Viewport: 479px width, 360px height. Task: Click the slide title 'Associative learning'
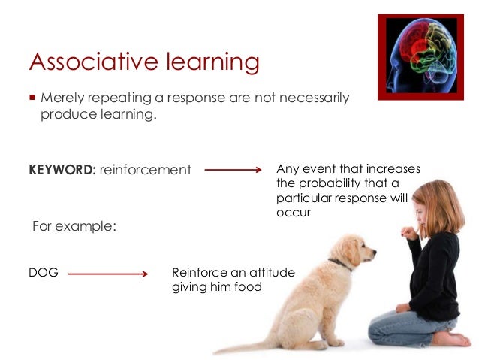point(143,62)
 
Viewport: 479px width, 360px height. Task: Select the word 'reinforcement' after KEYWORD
point(145,170)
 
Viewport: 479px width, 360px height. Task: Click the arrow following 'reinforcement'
point(232,170)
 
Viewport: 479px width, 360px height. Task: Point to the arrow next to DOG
point(109,274)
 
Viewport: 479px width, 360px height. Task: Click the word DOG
point(44,274)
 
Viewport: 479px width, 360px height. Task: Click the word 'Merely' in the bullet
point(63,98)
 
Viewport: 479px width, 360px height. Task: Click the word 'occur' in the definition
point(293,213)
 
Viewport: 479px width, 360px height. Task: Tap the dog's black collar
point(339,264)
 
